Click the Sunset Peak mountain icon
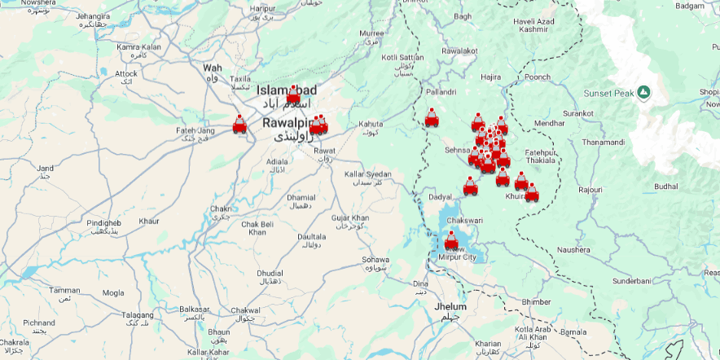pyautogui.click(x=644, y=92)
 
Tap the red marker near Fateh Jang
pyautogui.click(x=239, y=125)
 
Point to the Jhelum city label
pyautogui.click(x=450, y=306)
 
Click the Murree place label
pyautogui.click(x=371, y=33)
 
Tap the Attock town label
pyautogui.click(x=126, y=73)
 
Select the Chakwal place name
pyautogui.click(x=245, y=310)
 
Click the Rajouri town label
pyautogui.click(x=590, y=190)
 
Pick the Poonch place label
pyautogui.click(x=538, y=77)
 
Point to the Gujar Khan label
pyautogui.click(x=350, y=217)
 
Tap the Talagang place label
pyautogui.click(x=137, y=314)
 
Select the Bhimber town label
pyautogui.click(x=536, y=301)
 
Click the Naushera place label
pyautogui.click(x=573, y=249)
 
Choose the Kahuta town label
pyautogui.click(x=371, y=124)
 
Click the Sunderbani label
pyautogui.click(x=632, y=280)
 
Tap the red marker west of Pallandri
pyautogui.click(x=431, y=118)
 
